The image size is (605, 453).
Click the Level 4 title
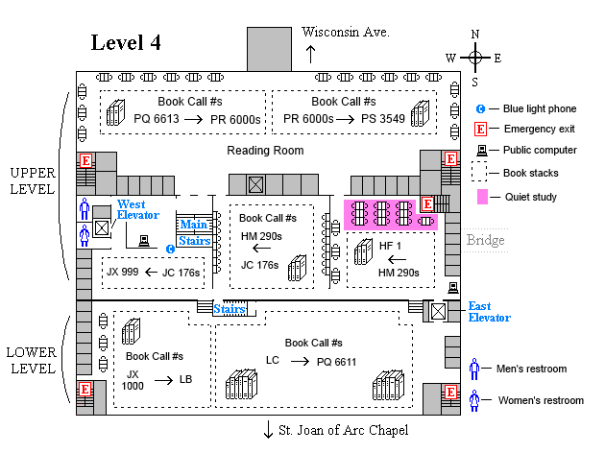[x=125, y=43]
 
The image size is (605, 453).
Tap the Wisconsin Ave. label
[x=346, y=32]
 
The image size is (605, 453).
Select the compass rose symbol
[x=474, y=57]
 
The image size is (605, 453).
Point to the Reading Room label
[x=265, y=151]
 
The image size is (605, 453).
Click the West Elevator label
[x=139, y=210]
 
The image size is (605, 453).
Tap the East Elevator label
[x=489, y=312]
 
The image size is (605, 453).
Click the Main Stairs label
[x=194, y=232]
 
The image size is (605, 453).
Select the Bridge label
[x=486, y=240]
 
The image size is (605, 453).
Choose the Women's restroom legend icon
[x=473, y=400]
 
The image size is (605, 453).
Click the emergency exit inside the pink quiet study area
[x=427, y=204]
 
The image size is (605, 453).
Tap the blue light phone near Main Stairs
[x=170, y=250]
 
